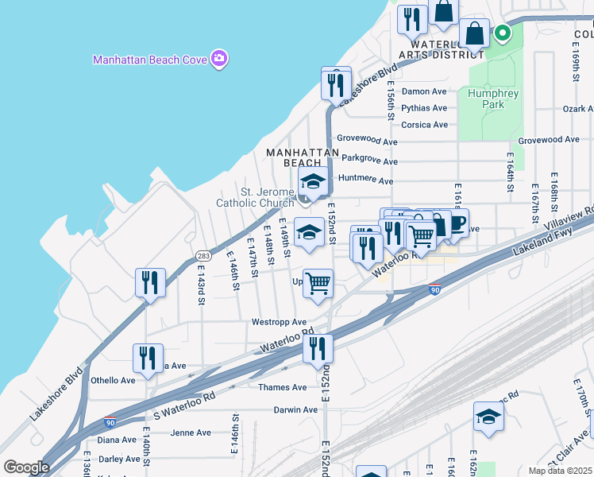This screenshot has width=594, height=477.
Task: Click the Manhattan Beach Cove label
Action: click(149, 60)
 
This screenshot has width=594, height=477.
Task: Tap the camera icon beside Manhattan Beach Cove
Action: click(219, 59)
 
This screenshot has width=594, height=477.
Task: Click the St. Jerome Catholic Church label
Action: click(256, 196)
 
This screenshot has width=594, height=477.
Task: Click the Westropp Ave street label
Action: click(279, 322)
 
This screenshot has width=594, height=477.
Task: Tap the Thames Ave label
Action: click(282, 387)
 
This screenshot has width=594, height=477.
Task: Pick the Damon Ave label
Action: click(424, 91)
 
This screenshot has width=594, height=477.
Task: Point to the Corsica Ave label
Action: click(424, 125)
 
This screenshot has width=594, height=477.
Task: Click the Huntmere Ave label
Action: click(365, 180)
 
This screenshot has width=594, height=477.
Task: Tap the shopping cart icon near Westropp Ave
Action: click(318, 282)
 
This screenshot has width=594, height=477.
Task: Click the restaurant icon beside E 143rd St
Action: click(150, 282)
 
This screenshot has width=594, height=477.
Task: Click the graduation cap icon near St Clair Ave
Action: click(488, 416)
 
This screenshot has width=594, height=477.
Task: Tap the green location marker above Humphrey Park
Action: click(502, 33)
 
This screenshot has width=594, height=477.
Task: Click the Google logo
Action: click(26, 467)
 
